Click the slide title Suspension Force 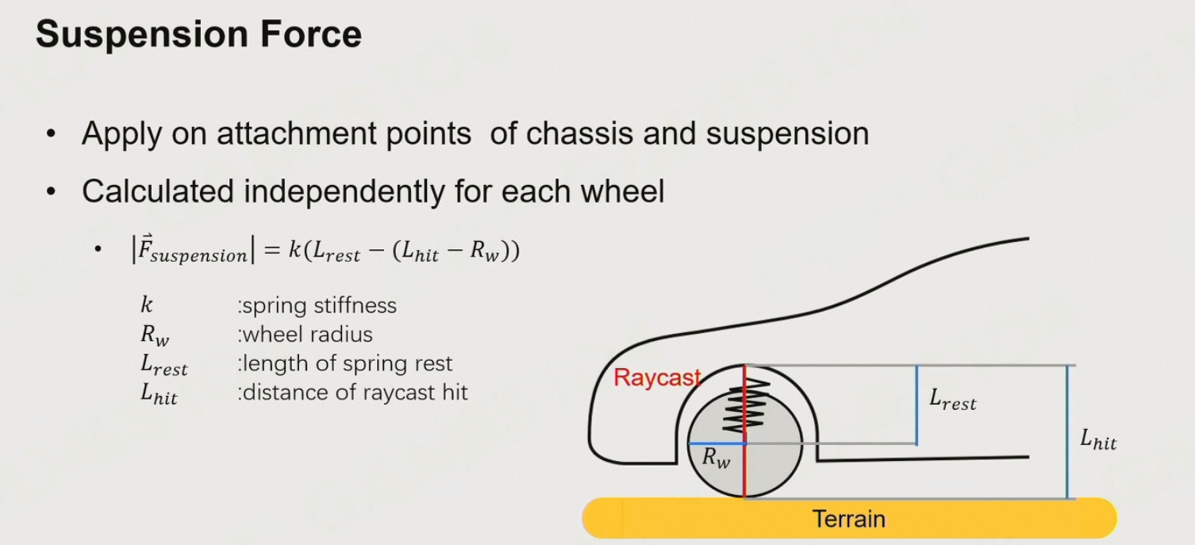coord(198,36)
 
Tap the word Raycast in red coord(656,378)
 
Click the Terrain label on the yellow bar coord(848,519)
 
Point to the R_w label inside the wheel coord(717,459)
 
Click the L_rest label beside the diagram coord(952,401)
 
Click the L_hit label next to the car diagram coord(1098,439)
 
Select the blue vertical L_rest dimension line coord(916,405)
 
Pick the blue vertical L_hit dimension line coord(1067,432)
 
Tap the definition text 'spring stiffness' coord(318,305)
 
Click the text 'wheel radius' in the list coord(307,334)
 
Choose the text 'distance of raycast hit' coord(354,392)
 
